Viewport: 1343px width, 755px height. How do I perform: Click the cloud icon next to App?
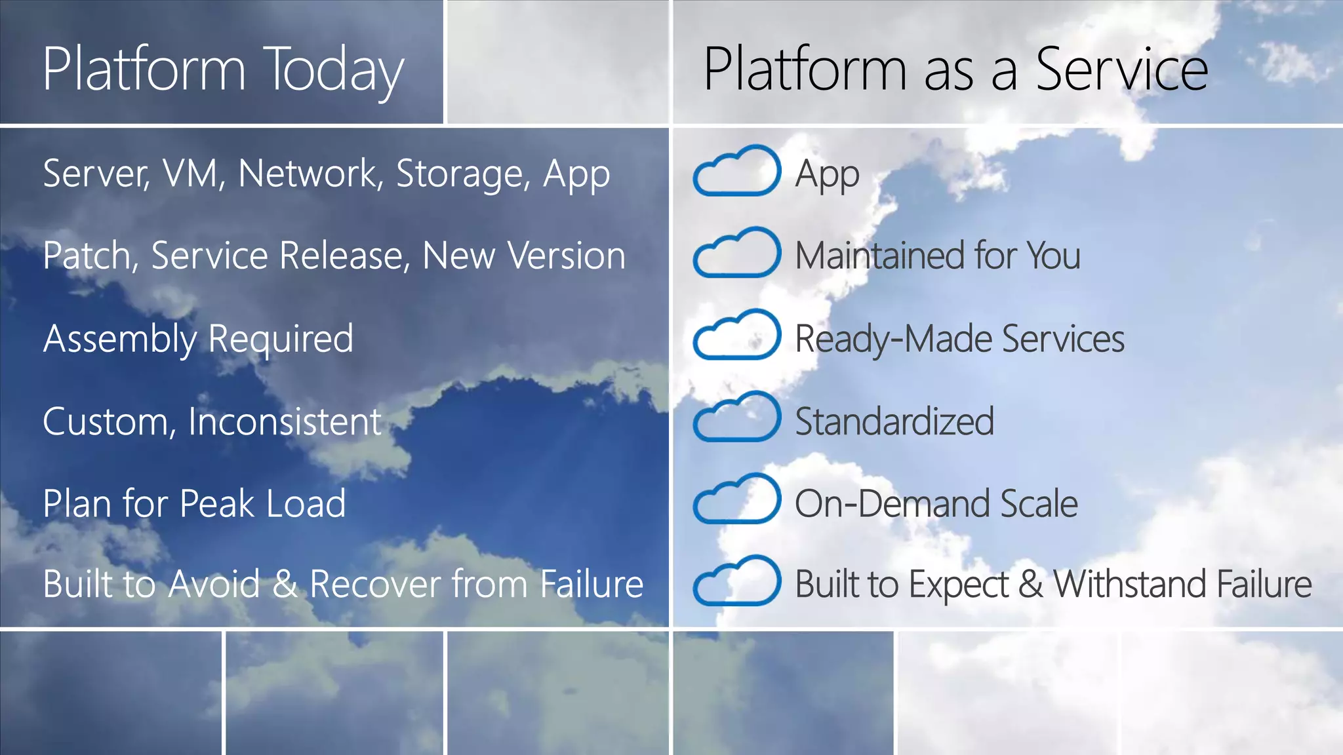point(736,172)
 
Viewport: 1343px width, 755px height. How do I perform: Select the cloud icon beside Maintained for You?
point(736,254)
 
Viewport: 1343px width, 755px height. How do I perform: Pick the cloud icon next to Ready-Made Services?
point(736,336)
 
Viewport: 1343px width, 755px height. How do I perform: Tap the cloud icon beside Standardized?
point(736,417)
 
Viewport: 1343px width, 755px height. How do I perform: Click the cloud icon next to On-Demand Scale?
point(736,499)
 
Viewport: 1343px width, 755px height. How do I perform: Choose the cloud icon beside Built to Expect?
point(736,581)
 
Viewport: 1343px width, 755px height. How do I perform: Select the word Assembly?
point(119,339)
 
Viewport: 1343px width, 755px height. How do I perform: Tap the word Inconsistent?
point(285,421)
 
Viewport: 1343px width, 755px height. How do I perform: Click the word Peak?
point(216,503)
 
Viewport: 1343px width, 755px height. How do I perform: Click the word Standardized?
point(894,421)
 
